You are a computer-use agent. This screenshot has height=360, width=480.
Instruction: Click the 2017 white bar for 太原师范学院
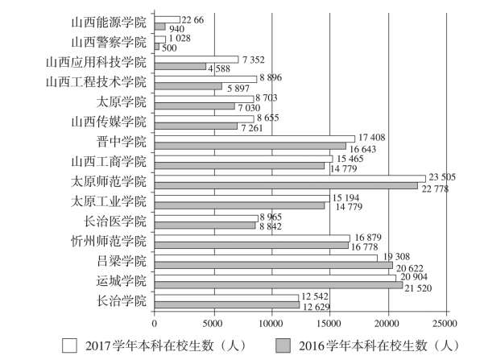tap(290, 179)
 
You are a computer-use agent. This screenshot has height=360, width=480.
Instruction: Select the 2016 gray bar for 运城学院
tap(279, 285)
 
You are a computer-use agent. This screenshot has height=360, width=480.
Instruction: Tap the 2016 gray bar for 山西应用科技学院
tap(180, 66)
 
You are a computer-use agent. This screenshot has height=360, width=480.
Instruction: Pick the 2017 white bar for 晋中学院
tap(254, 139)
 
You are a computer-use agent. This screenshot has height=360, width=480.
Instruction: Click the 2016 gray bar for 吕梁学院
tap(274, 265)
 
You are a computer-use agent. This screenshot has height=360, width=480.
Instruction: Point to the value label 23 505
tap(442, 177)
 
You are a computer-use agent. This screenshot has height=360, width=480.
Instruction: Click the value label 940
tap(176, 29)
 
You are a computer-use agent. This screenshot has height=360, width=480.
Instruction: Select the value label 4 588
tap(219, 68)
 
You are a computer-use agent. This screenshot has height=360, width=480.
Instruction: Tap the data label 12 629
tap(317, 307)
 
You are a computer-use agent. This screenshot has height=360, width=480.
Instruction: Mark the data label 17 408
tap(371, 138)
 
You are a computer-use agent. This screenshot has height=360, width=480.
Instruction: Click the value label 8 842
tap(271, 226)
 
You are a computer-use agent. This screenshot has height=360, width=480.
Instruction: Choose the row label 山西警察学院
tap(109, 42)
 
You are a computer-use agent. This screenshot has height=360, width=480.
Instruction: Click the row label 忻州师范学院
tap(109, 242)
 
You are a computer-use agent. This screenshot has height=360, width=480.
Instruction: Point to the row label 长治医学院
tap(115, 221)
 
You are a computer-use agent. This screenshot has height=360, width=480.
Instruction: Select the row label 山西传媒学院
tap(109, 122)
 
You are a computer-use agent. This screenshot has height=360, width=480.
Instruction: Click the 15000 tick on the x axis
tap(330, 324)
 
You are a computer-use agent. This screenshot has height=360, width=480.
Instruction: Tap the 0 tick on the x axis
tap(155, 324)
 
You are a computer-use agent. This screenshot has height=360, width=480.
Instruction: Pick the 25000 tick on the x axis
tap(445, 324)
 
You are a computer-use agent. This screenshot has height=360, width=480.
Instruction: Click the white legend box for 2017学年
tap(69, 346)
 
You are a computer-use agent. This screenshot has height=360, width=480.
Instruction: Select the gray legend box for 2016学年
tap(283, 346)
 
